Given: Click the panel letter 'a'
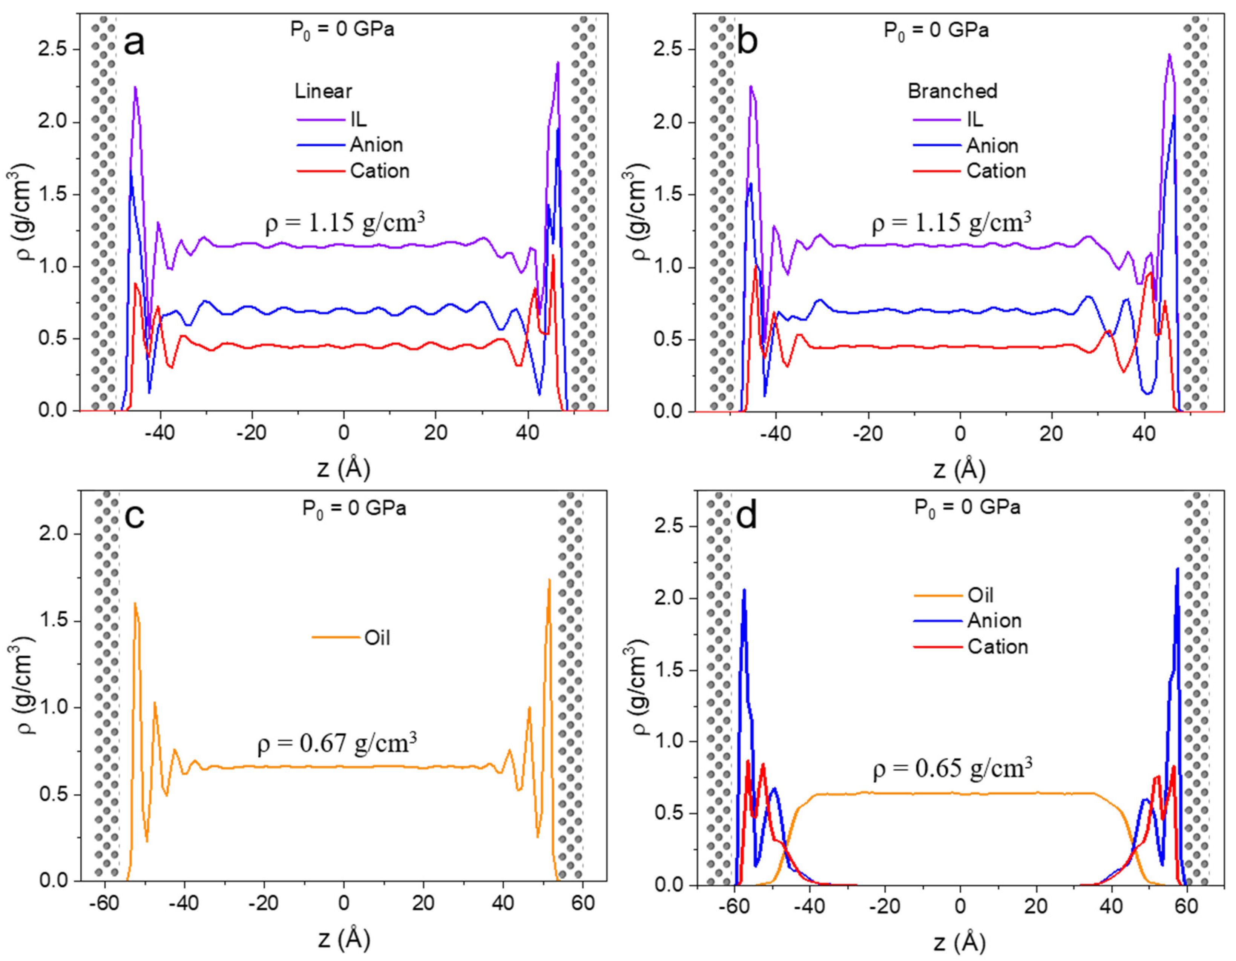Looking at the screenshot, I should [x=134, y=43].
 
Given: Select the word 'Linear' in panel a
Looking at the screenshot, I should [x=323, y=91].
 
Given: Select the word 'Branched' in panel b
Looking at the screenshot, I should [x=952, y=91].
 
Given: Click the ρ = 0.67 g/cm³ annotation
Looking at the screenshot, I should [x=337, y=743].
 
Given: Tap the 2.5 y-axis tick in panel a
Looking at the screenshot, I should [x=53, y=50].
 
